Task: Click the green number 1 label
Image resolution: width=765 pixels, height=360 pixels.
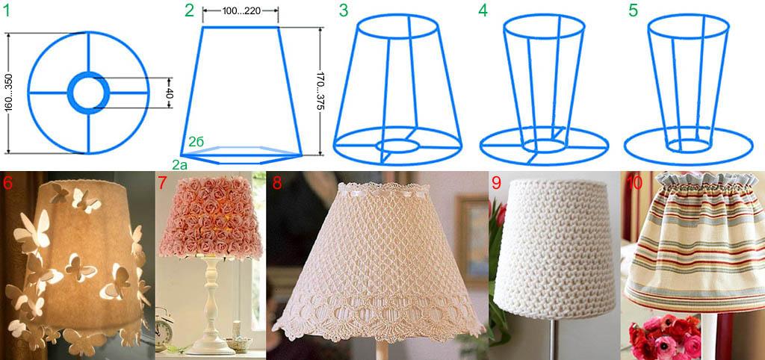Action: tap(6, 10)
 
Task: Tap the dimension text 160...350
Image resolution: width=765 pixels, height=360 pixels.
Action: tap(9, 93)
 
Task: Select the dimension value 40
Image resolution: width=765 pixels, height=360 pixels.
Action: tap(170, 93)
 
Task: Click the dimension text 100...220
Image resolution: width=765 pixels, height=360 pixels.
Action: tap(240, 10)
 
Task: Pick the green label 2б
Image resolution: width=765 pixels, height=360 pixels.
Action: tap(196, 142)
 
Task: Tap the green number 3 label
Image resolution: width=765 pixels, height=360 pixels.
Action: tap(344, 10)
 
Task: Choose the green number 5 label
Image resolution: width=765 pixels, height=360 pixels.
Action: tap(633, 10)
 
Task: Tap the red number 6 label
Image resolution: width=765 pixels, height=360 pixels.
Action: tap(7, 182)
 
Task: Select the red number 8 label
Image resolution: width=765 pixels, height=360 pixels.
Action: tap(277, 182)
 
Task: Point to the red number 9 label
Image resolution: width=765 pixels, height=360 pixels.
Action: tap(496, 182)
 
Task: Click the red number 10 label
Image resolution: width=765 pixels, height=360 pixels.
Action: tap(634, 182)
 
